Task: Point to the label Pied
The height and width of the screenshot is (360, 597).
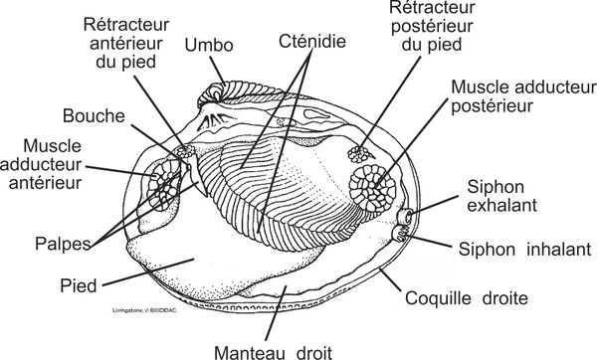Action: point(79,286)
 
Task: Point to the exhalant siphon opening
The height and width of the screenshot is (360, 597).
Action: point(407,216)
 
